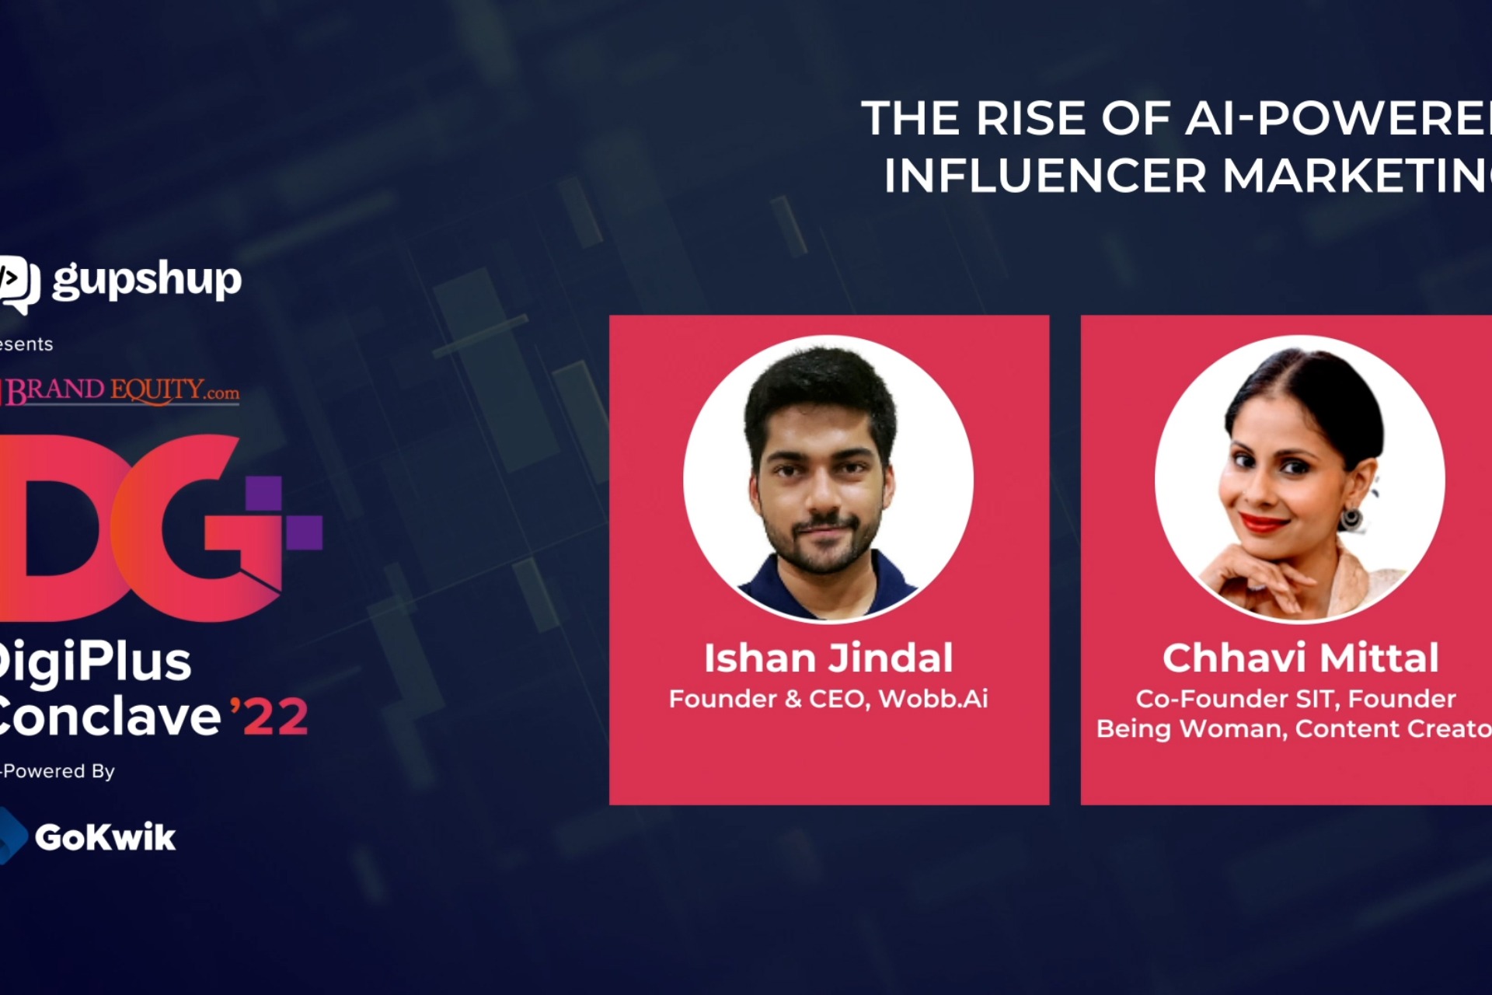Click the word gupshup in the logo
coord(147,280)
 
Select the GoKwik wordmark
coord(105,837)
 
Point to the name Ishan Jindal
coord(828,658)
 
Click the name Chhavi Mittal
coord(1300,658)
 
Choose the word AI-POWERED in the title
coord(1337,119)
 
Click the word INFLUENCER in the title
coord(1045,176)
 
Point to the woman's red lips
coord(1263,522)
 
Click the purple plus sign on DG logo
coord(284,513)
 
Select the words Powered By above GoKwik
coord(59,771)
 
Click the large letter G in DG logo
coord(194,529)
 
